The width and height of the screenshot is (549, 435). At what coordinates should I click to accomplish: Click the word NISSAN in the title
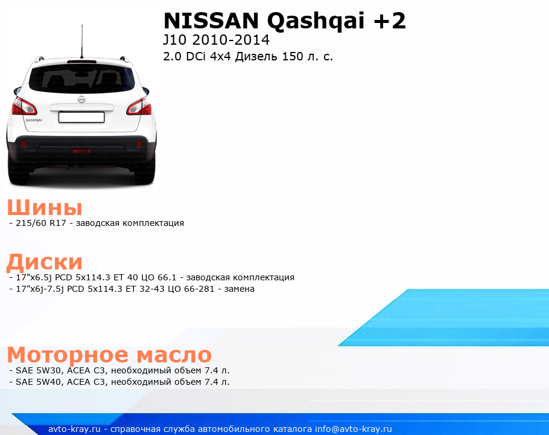coord(211,21)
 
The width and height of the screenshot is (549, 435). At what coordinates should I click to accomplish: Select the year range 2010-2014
coord(230,40)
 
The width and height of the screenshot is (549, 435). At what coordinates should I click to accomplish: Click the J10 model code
coord(175,40)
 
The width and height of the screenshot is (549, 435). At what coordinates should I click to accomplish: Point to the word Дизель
coord(256,57)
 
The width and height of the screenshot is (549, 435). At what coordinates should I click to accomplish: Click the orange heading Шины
coord(45,207)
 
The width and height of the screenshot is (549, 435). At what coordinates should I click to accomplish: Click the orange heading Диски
coord(45,262)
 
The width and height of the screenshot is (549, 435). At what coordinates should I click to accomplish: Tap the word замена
coord(239,289)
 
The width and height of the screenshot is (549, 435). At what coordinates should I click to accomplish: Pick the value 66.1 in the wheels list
coord(167,277)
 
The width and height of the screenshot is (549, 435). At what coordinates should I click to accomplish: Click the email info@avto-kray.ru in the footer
coord(354,429)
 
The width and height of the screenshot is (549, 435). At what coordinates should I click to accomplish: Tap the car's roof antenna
coord(82,41)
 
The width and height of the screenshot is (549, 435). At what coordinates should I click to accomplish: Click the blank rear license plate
coord(81,117)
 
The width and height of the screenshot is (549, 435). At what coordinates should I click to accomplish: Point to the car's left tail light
coord(24,106)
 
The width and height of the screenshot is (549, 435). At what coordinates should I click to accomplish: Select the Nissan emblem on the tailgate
coord(81,99)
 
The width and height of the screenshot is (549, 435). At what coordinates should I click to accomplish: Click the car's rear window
coord(81,79)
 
